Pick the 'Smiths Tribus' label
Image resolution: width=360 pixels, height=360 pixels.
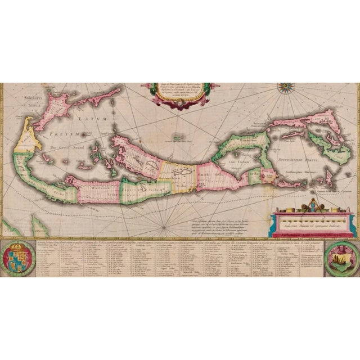(x=209, y=175)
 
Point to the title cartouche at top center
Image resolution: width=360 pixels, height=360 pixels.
(x=178, y=95)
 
